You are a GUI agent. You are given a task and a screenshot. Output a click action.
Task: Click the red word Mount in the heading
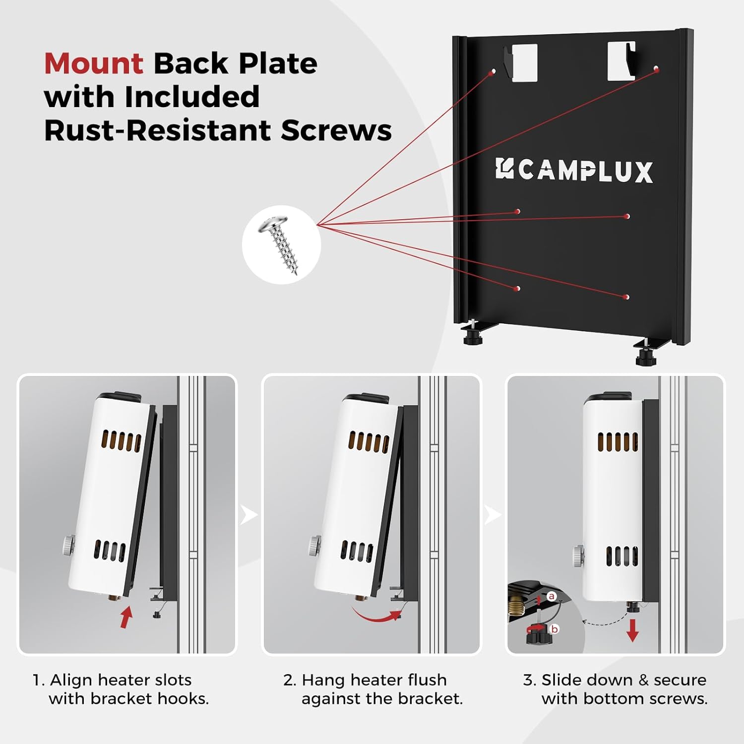94,63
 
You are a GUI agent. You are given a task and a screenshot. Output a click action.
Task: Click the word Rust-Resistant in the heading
157,130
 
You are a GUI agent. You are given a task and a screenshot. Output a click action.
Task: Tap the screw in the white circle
281,244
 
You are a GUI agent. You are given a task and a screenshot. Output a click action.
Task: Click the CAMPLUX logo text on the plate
574,171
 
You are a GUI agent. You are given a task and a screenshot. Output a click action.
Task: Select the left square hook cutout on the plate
524,62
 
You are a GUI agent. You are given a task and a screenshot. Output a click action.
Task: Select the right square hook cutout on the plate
621,61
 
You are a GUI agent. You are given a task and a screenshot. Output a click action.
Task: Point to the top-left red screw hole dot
492,72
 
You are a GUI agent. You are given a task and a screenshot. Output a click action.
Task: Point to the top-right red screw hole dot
657,70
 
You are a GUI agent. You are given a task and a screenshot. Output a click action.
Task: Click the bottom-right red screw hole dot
627,297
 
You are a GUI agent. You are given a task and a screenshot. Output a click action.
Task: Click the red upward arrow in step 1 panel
126,617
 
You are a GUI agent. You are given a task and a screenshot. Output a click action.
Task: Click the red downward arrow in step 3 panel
632,630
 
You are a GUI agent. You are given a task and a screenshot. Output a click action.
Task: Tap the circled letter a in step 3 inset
552,596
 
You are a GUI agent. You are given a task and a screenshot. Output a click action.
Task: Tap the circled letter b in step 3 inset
555,629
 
